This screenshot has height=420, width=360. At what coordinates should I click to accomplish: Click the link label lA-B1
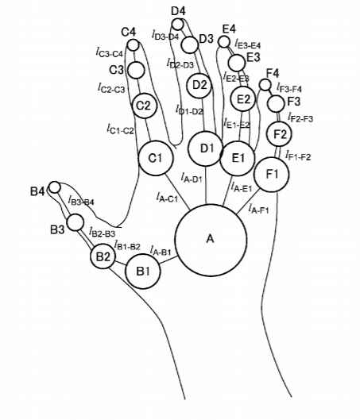pos(161,251)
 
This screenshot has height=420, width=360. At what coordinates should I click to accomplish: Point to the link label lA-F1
pos(258,208)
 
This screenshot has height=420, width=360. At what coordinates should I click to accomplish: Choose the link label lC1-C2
pos(120,129)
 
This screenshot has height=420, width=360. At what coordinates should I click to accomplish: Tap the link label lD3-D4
pos(165,35)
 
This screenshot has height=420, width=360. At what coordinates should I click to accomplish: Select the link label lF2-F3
pos(300,117)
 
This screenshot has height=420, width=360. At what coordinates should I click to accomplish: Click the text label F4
pos(273,73)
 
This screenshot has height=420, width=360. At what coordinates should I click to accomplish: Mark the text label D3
pos(206,39)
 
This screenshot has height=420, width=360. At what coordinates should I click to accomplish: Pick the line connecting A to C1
pos(177,192)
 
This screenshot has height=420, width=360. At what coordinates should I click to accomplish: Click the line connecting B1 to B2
pos(121,263)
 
